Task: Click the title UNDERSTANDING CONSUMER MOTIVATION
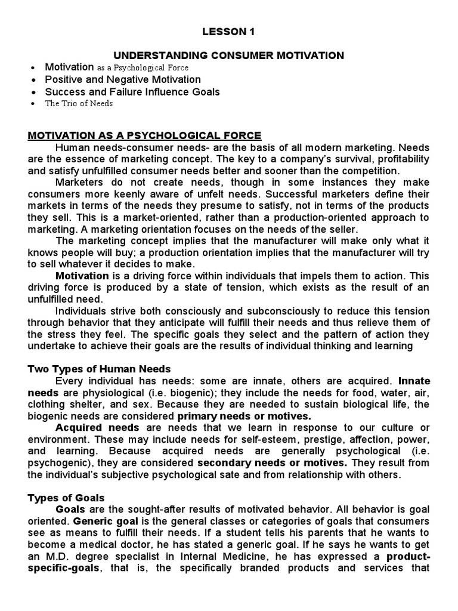pos(229,55)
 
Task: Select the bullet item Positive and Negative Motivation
pos(123,79)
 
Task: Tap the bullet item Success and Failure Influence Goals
pos(132,92)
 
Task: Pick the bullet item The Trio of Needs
pos(79,104)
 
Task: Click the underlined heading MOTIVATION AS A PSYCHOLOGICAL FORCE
pos(144,135)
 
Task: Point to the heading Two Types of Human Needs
pos(99,369)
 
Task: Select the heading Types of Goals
pos(66,498)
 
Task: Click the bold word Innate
pos(414,381)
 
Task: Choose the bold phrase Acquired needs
pos(97,428)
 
